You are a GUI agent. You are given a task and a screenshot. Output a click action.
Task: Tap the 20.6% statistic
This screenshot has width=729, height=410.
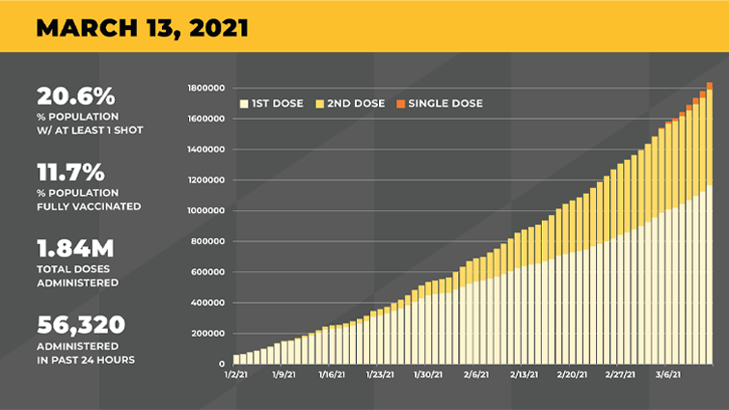[76, 96]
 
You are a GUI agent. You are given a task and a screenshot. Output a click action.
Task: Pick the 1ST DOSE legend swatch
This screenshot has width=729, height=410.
[243, 103]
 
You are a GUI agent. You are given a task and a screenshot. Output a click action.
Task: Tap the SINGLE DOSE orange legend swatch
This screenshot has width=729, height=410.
[399, 103]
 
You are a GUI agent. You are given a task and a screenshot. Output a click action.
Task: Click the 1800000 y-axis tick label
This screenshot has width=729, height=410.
[207, 88]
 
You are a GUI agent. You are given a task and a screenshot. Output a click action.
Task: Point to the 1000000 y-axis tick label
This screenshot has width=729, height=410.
[207, 210]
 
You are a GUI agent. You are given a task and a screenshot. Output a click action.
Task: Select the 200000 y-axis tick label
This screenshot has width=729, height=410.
[209, 334]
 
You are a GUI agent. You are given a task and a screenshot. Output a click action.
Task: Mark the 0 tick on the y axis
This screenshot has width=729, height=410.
[223, 364]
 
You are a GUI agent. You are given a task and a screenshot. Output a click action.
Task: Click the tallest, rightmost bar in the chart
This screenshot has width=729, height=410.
[709, 232]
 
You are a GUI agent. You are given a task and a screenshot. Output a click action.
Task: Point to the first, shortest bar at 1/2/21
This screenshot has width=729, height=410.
[237, 359]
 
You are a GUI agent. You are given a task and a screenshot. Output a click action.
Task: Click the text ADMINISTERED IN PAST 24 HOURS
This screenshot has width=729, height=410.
[84, 353]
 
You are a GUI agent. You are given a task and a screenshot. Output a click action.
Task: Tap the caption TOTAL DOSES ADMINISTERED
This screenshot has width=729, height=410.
[78, 276]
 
